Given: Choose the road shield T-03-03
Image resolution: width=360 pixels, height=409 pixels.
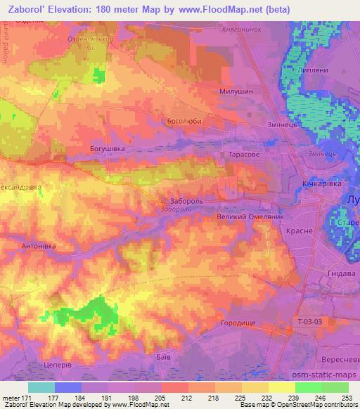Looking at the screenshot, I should point(309,322).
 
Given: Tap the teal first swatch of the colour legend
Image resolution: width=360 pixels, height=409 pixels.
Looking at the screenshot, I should point(41,387).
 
